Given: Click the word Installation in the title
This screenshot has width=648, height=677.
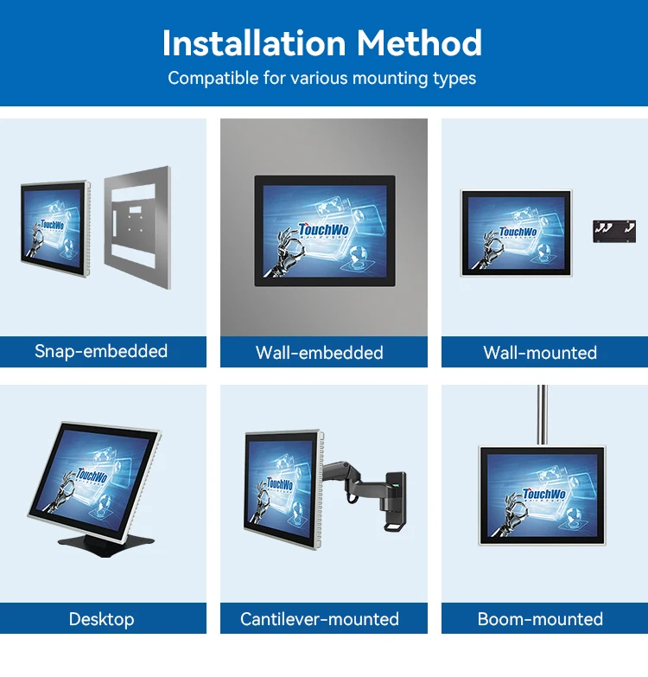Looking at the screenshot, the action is pos(254,43).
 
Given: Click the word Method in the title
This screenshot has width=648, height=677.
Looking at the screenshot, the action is pos(419,43).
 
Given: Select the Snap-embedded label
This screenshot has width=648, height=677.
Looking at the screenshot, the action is pos(101,351).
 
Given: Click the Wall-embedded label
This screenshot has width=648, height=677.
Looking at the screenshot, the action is pos(320,353).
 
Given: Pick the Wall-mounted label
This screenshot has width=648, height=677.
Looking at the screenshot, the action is pos(540,353).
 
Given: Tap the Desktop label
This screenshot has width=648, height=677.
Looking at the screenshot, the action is pos(101,619).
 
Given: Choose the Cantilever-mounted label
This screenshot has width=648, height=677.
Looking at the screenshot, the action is pos(320,619).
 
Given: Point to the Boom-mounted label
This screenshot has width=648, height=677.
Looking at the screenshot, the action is pos(540,619).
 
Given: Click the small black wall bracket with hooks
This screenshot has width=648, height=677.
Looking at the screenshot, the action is pos(614,232).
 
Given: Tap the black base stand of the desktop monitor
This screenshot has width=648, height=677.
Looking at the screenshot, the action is pos(106,544).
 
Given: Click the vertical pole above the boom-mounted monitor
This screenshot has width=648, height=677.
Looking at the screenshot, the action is pos(543,415).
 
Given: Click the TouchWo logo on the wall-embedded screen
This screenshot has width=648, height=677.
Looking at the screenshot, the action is pos(324,229).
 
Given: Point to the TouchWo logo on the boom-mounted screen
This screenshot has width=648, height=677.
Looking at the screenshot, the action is pos(543,494).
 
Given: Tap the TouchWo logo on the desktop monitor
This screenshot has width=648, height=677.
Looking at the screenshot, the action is pos(92,475).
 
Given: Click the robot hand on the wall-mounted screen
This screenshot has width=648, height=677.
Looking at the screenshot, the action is pos(489,251).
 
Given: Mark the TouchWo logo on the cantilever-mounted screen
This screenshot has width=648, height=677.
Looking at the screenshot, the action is pos(280,483).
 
